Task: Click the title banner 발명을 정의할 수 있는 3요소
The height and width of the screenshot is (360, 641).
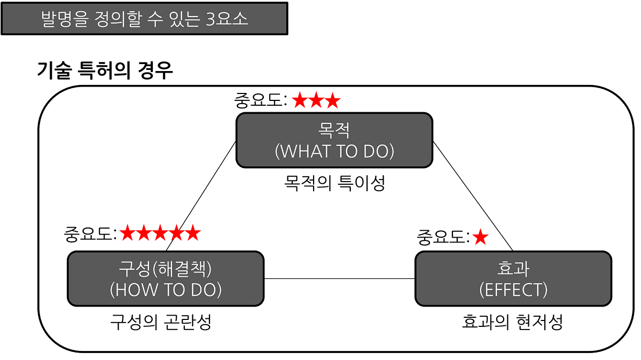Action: click(x=144, y=19)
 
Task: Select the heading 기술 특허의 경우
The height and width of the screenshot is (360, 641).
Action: click(x=105, y=71)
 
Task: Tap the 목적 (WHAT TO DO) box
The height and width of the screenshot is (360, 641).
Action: click(x=334, y=140)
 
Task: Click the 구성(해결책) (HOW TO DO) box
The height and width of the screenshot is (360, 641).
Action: click(x=166, y=279)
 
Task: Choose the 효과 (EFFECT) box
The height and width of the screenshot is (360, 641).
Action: click(x=513, y=279)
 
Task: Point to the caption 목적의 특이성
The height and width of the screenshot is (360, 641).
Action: click(x=334, y=183)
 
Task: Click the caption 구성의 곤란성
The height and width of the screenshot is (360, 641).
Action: click(x=161, y=322)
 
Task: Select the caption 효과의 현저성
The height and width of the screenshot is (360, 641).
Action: click(x=512, y=322)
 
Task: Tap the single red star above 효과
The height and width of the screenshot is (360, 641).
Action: click(x=481, y=237)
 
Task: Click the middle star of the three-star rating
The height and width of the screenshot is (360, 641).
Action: click(x=316, y=100)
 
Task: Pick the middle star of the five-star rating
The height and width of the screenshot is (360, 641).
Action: click(x=160, y=233)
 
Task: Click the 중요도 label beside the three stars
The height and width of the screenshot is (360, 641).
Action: click(x=260, y=100)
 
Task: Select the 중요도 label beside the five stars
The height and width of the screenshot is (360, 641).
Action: click(x=89, y=233)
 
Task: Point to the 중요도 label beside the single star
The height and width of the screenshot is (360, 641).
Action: click(x=443, y=237)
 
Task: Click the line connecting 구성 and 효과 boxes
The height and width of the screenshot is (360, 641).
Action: click(x=340, y=279)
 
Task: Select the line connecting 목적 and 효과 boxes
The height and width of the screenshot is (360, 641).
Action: click(x=472, y=195)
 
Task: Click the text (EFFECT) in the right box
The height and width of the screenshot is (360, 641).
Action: click(x=513, y=289)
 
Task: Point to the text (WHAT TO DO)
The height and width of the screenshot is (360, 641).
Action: click(x=334, y=151)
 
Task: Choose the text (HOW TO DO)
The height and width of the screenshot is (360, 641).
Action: click(x=166, y=289)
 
